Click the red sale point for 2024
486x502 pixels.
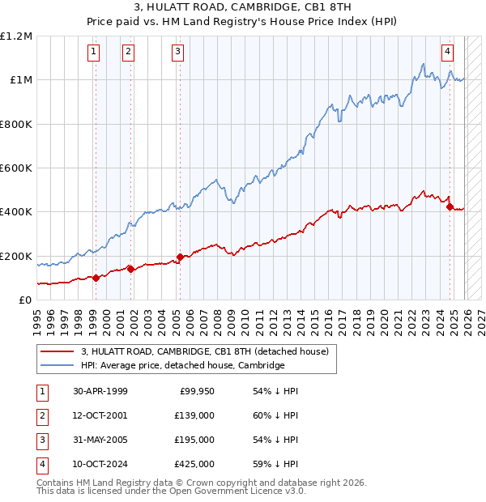click(x=450, y=206)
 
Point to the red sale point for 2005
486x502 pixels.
click(x=180, y=257)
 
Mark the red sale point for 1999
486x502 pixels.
click(x=96, y=278)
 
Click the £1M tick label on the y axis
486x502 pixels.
click(x=19, y=80)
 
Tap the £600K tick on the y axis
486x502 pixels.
click(x=16, y=168)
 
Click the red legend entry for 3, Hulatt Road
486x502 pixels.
click(x=204, y=351)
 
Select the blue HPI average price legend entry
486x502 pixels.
click(x=183, y=366)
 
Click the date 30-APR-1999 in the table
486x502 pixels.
click(x=100, y=391)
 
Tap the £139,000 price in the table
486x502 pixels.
click(x=194, y=415)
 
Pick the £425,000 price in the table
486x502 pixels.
click(x=194, y=464)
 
